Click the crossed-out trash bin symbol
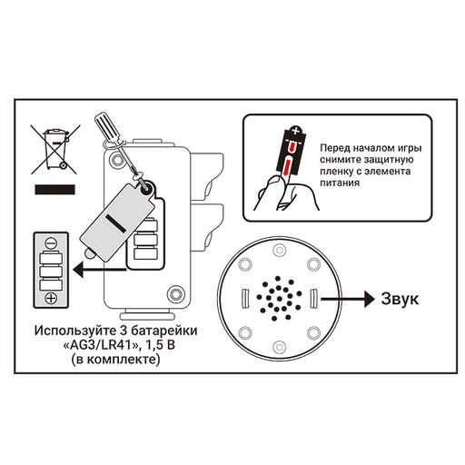pos(55,149)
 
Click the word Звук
pos(400,299)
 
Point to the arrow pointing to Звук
pos(348,299)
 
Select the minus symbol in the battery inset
pos(51,242)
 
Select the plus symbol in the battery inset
pos(51,299)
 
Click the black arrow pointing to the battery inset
pos(100,270)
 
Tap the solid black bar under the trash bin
pos(54,190)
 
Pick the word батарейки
pos(164,331)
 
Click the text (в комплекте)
pos(115,360)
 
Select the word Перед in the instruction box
pos(335,148)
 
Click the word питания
pos(340,183)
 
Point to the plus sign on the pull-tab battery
pos(295,131)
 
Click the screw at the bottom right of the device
pos(175,293)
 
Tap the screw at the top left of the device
pos(117,159)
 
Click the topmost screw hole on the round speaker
pos(279,251)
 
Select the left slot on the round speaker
pos(245,299)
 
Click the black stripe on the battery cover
pos(116,223)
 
